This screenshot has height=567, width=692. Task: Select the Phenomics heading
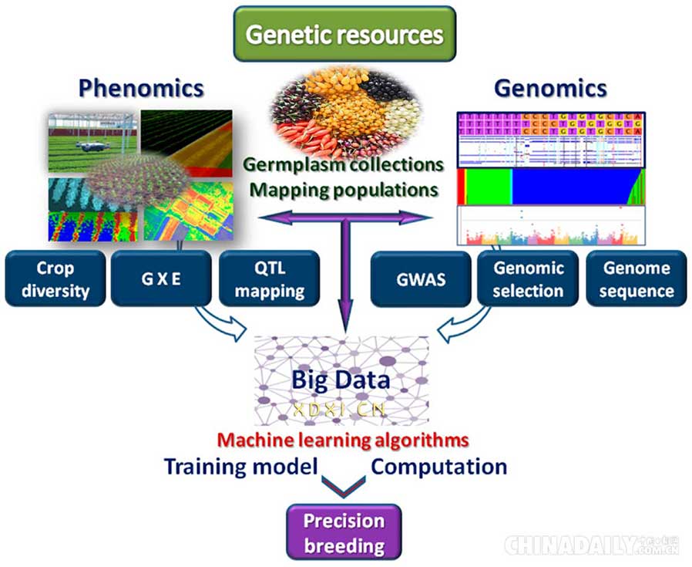pyautogui.click(x=141, y=88)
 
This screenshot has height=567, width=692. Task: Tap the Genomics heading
pyautogui.click(x=550, y=88)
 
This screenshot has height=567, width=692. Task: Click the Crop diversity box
pyautogui.click(x=54, y=279)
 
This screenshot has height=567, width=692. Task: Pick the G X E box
pyautogui.click(x=162, y=279)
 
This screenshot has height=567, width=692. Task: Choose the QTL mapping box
pyautogui.click(x=269, y=279)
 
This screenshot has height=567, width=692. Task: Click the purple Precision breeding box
pyautogui.click(x=344, y=533)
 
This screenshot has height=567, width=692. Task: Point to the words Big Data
pyautogui.click(x=341, y=380)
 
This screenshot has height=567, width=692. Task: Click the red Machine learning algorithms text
pyautogui.click(x=343, y=440)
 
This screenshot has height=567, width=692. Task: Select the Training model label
pyautogui.click(x=241, y=467)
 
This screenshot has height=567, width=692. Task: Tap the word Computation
pyautogui.click(x=439, y=467)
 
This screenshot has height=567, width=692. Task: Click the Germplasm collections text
pyautogui.click(x=344, y=164)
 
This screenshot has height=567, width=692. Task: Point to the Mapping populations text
pyautogui.click(x=344, y=188)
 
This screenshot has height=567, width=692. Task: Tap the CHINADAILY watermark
pyautogui.click(x=590, y=545)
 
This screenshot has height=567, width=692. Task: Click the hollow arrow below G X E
pyautogui.click(x=219, y=324)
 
